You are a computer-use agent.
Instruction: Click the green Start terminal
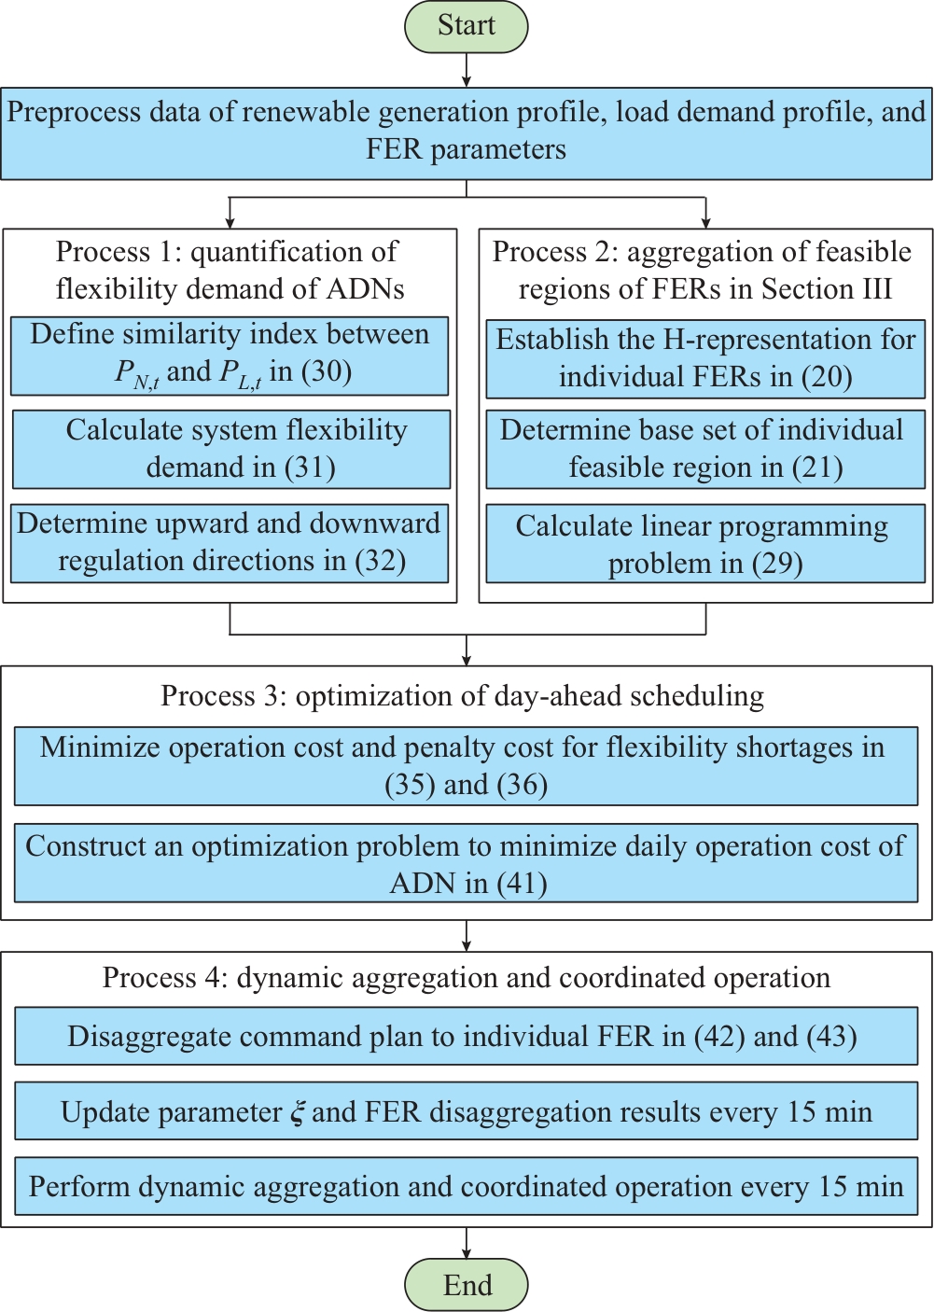tap(467, 26)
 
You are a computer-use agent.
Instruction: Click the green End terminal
tap(467, 1284)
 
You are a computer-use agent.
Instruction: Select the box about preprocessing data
tap(467, 133)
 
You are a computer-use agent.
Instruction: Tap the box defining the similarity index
tap(230, 356)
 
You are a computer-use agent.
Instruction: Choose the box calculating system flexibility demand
tap(231, 449)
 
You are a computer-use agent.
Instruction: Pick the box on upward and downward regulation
tap(230, 543)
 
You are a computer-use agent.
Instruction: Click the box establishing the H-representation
tap(705, 359)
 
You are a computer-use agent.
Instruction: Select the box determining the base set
tap(705, 449)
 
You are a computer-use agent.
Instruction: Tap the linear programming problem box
tap(705, 543)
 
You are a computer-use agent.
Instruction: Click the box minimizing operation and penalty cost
tap(467, 766)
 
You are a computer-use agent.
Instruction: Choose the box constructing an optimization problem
tap(467, 864)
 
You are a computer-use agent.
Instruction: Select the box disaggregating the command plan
tap(467, 1036)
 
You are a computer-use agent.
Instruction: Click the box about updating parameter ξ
tap(467, 1111)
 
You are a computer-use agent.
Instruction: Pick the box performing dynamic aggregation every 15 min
tap(467, 1186)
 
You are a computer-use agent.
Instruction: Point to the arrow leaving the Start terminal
tap(467, 70)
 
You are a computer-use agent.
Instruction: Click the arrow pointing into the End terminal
tap(467, 1243)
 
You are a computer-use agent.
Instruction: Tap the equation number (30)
tap(327, 372)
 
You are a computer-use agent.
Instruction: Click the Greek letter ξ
tap(298, 1112)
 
